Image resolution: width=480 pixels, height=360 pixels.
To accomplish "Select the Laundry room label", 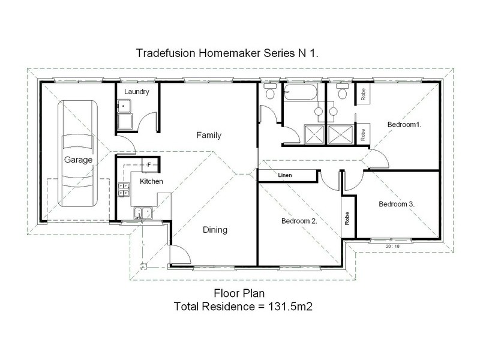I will [136, 91].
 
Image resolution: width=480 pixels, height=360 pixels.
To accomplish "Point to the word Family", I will [209, 136].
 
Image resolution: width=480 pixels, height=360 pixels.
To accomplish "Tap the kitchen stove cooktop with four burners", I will [124, 190].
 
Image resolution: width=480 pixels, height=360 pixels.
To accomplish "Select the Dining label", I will [214, 229].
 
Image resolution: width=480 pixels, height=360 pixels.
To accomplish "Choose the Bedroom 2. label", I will [299, 221].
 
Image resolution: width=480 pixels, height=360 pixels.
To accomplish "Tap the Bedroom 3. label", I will [397, 204].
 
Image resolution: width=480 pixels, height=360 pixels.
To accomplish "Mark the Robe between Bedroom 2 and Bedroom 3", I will [347, 217].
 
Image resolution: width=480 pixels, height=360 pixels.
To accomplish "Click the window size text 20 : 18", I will [393, 246].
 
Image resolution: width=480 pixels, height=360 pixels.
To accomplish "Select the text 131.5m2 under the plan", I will [293, 306].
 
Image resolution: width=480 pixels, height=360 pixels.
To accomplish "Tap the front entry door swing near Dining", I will [179, 255].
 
